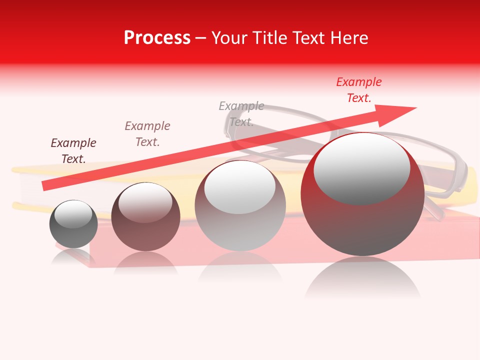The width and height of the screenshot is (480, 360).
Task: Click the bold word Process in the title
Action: coord(157,38)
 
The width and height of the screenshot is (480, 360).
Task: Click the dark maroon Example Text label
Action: coord(73,150)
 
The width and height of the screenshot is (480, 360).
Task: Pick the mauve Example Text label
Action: coord(147,133)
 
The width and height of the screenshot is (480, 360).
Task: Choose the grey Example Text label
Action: coord(241,113)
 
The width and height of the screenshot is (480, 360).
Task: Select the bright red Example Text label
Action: coord(359,90)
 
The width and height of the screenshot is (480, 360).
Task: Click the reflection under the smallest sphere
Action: coord(73,257)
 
